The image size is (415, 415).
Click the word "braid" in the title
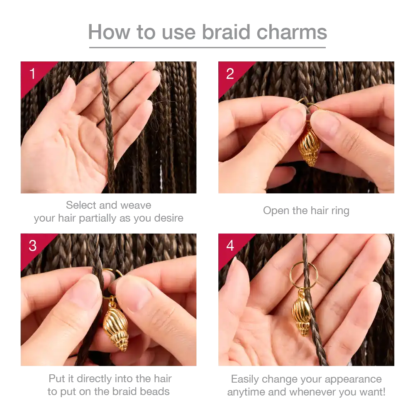[226, 32]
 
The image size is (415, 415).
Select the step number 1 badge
[32, 73]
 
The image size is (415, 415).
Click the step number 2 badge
[230, 73]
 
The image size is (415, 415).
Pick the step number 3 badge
[32, 246]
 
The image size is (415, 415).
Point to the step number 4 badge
[230, 246]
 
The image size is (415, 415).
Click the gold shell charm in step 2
[309, 146]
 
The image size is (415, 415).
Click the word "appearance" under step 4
[353, 380]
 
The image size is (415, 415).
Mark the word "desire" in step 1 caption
[168, 218]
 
